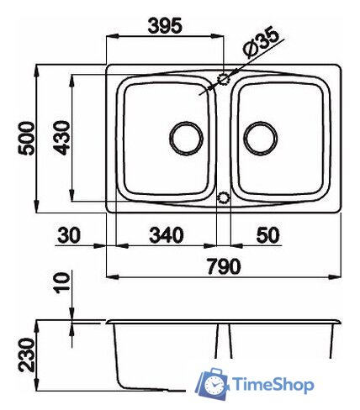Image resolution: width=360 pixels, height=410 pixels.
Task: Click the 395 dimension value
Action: (x=165, y=25)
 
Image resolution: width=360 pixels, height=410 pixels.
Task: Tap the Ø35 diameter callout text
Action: (x=262, y=42)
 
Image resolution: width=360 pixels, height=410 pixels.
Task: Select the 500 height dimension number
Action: (x=26, y=138)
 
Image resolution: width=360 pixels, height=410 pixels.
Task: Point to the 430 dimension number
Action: (x=61, y=138)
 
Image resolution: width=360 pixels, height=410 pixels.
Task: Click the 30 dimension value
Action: (x=69, y=235)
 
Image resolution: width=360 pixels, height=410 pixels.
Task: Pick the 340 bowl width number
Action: (x=167, y=235)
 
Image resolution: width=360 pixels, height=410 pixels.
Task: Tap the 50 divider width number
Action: (x=267, y=235)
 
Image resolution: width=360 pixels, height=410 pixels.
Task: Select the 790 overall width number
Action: (x=224, y=266)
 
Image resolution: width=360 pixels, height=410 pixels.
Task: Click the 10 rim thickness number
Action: (x=62, y=283)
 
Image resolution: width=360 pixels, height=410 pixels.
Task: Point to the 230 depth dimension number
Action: (x=27, y=355)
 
